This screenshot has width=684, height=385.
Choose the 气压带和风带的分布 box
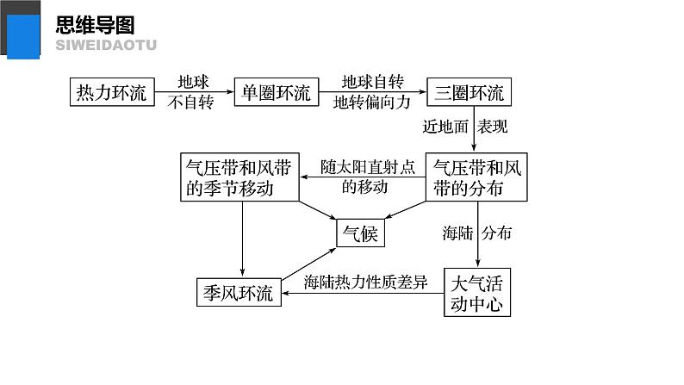click(476, 177)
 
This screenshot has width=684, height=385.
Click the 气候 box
click(360, 232)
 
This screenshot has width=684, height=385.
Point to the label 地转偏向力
click(372, 102)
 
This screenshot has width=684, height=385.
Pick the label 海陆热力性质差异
click(365, 283)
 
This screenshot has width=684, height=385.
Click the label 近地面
click(445, 126)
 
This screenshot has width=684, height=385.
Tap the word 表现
click(493, 126)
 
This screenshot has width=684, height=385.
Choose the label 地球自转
click(372, 82)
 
